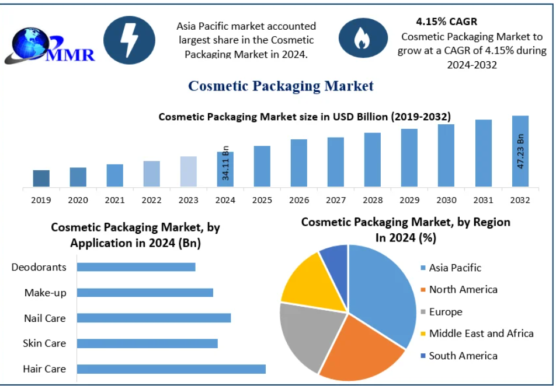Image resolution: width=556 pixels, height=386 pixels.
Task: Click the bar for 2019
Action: click(x=41, y=178)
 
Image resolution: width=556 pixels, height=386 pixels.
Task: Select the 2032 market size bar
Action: click(x=520, y=152)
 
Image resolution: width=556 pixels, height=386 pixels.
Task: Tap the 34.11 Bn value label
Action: click(x=226, y=164)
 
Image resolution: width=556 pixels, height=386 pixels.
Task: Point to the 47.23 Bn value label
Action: click(x=521, y=152)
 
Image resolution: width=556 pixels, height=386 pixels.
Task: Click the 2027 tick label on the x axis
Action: click(x=335, y=200)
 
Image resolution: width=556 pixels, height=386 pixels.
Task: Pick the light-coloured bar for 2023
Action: click(x=188, y=171)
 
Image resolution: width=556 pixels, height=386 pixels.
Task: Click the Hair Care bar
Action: click(x=171, y=369)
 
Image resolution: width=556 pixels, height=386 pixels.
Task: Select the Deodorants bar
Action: click(x=136, y=267)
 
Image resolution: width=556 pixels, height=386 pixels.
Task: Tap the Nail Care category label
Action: click(x=44, y=318)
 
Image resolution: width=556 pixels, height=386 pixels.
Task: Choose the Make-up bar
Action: click(x=145, y=293)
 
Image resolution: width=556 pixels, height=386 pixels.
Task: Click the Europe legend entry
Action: click(x=445, y=312)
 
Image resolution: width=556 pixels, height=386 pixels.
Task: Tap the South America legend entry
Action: click(x=463, y=356)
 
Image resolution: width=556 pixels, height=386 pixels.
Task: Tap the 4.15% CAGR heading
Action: click(x=446, y=22)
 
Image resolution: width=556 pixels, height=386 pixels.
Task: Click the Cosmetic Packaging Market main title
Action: click(x=280, y=86)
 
